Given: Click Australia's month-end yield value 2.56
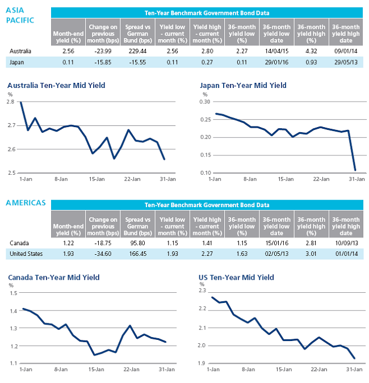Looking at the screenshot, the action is pyautogui.click(x=68, y=51).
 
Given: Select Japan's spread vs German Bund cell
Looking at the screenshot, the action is pyautogui.click(x=137, y=62).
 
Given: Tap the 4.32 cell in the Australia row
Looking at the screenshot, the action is pyautogui.click(x=311, y=51).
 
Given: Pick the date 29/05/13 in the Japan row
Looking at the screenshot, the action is pyautogui.click(x=346, y=62).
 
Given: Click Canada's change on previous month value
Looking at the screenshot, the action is pyautogui.click(x=103, y=243).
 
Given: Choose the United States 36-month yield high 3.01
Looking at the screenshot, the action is pyautogui.click(x=311, y=254).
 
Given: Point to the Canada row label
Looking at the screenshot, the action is pyautogui.click(x=19, y=243).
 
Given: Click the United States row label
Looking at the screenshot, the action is pyautogui.click(x=26, y=254).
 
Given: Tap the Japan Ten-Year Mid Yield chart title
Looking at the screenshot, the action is pyautogui.click(x=243, y=86).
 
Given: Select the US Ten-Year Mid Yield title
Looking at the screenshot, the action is pyautogui.click(x=236, y=277).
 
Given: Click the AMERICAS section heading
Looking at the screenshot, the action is pyautogui.click(x=26, y=203).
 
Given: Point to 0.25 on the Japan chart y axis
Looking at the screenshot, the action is pyautogui.click(x=205, y=120).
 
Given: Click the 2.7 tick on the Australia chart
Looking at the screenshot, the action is pyautogui.click(x=11, y=125).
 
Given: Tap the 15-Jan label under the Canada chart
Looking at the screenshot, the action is pyautogui.click(x=97, y=369).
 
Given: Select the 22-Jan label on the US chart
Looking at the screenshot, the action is pyautogui.click(x=319, y=369).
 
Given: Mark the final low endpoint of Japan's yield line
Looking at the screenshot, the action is pyautogui.click(x=355, y=170).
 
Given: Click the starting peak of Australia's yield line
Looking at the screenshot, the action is pyautogui.click(x=21, y=102).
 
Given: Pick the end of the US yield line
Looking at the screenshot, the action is pyautogui.click(x=354, y=359).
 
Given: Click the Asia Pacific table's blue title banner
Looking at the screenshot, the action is pyautogui.click(x=207, y=13).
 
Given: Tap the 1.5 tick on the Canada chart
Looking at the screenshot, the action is pyautogui.click(x=14, y=293).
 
